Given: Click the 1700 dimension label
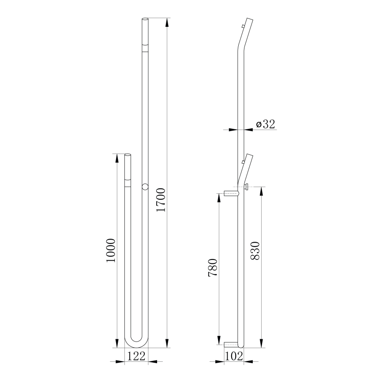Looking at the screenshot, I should click(x=161, y=200).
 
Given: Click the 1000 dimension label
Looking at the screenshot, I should click(x=111, y=250).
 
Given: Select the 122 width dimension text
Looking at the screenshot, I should click(x=136, y=357).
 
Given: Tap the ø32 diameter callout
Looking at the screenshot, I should click(x=266, y=124).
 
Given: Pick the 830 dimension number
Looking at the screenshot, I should click(x=256, y=251).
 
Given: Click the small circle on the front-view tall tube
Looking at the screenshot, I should click(x=145, y=187).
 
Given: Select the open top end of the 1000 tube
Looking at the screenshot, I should click(x=128, y=155).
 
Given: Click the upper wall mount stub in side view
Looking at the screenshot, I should click(x=231, y=193).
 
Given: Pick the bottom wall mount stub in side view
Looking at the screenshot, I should click(x=231, y=344).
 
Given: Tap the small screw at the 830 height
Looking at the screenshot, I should click(x=247, y=188).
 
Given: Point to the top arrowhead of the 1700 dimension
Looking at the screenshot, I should click(x=167, y=22).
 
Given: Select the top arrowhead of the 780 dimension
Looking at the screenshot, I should click(x=219, y=197).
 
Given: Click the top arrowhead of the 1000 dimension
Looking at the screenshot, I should click(x=117, y=157).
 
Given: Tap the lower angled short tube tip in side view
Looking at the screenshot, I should click(x=249, y=156).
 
